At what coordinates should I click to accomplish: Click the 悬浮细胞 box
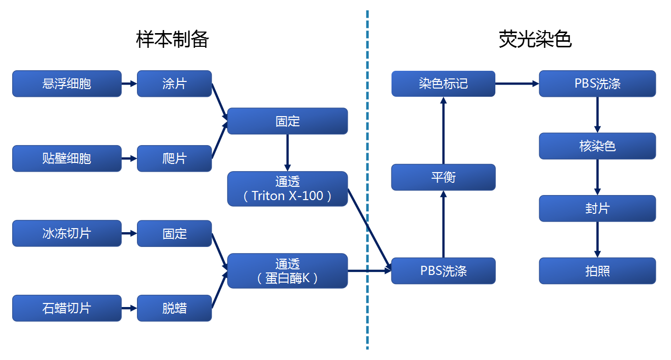(67, 84)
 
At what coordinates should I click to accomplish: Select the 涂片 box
(174, 84)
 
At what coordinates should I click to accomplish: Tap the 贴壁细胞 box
(67, 158)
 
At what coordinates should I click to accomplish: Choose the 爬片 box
(174, 158)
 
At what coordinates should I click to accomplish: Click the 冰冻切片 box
(67, 233)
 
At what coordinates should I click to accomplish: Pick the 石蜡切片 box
(67, 308)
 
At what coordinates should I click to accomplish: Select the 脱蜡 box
(174, 308)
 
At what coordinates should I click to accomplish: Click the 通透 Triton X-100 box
(287, 188)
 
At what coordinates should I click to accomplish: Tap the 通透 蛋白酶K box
(287, 270)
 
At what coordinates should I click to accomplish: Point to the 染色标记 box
(443, 84)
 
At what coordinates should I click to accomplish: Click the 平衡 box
(443, 177)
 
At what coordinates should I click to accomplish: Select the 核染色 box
(597, 146)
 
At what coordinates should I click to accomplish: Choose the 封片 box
(597, 208)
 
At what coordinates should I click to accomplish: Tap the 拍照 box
(597, 271)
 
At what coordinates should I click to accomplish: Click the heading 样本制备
(173, 39)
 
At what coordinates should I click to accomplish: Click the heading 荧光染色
(535, 39)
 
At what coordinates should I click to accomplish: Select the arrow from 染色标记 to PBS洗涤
(517, 84)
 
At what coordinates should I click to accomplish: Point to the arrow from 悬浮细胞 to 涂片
(129, 84)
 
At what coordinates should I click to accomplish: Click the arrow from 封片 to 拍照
(597, 239)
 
